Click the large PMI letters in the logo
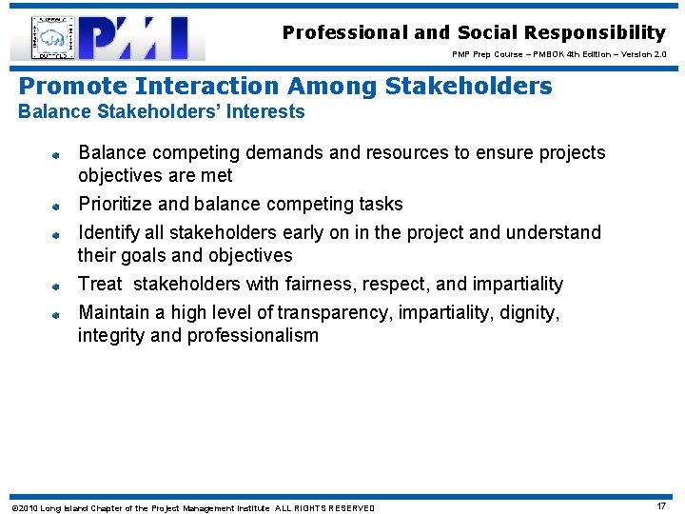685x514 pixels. click(x=143, y=39)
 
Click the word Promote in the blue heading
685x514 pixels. click(x=72, y=87)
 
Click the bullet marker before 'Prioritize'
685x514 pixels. click(x=56, y=206)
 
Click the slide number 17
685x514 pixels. click(x=662, y=505)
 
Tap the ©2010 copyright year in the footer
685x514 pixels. click(x=24, y=507)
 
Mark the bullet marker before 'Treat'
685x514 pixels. click(x=56, y=286)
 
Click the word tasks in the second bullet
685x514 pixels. click(x=381, y=204)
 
